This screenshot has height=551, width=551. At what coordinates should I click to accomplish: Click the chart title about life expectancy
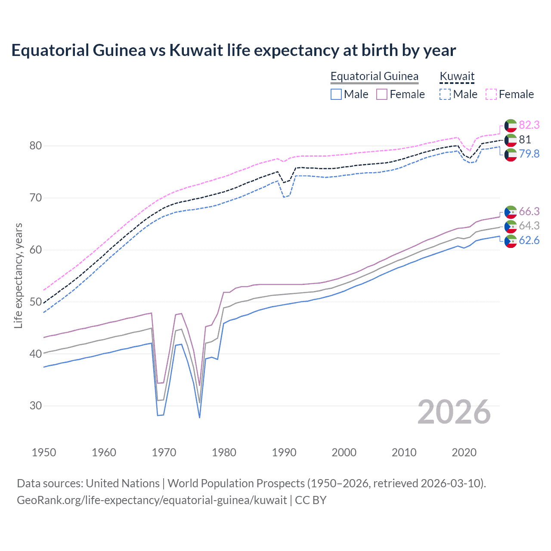click(233, 50)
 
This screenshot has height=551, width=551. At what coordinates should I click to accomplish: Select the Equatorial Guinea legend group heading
click(374, 76)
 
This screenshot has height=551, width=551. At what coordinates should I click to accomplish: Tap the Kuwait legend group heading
click(457, 76)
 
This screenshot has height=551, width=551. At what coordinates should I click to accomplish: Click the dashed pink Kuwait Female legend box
click(491, 94)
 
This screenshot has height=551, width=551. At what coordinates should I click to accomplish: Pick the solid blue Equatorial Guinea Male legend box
click(336, 94)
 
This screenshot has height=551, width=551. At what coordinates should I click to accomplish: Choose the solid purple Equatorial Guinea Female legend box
click(382, 94)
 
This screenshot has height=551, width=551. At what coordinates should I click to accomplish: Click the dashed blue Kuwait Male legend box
click(445, 94)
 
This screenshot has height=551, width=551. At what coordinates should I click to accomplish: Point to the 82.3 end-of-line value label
click(529, 125)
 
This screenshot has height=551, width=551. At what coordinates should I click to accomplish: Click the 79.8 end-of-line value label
click(529, 154)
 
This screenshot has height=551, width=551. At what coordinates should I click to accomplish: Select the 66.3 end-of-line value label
click(529, 211)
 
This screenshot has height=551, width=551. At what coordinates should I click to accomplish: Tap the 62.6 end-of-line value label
click(529, 240)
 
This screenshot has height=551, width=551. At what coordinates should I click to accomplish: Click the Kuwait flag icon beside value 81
click(511, 140)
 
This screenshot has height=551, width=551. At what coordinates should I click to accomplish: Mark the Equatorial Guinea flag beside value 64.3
click(511, 226)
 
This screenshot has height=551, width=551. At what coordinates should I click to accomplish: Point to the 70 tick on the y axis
click(36, 198)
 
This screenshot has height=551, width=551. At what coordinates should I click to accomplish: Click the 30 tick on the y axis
click(36, 406)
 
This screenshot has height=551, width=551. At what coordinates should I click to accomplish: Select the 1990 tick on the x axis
click(284, 452)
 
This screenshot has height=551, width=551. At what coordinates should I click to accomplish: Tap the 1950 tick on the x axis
click(44, 452)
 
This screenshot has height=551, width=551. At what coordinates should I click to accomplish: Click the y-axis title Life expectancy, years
click(18, 275)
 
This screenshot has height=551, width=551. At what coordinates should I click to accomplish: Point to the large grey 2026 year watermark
click(454, 412)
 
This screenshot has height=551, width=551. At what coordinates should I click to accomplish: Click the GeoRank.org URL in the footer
click(152, 500)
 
